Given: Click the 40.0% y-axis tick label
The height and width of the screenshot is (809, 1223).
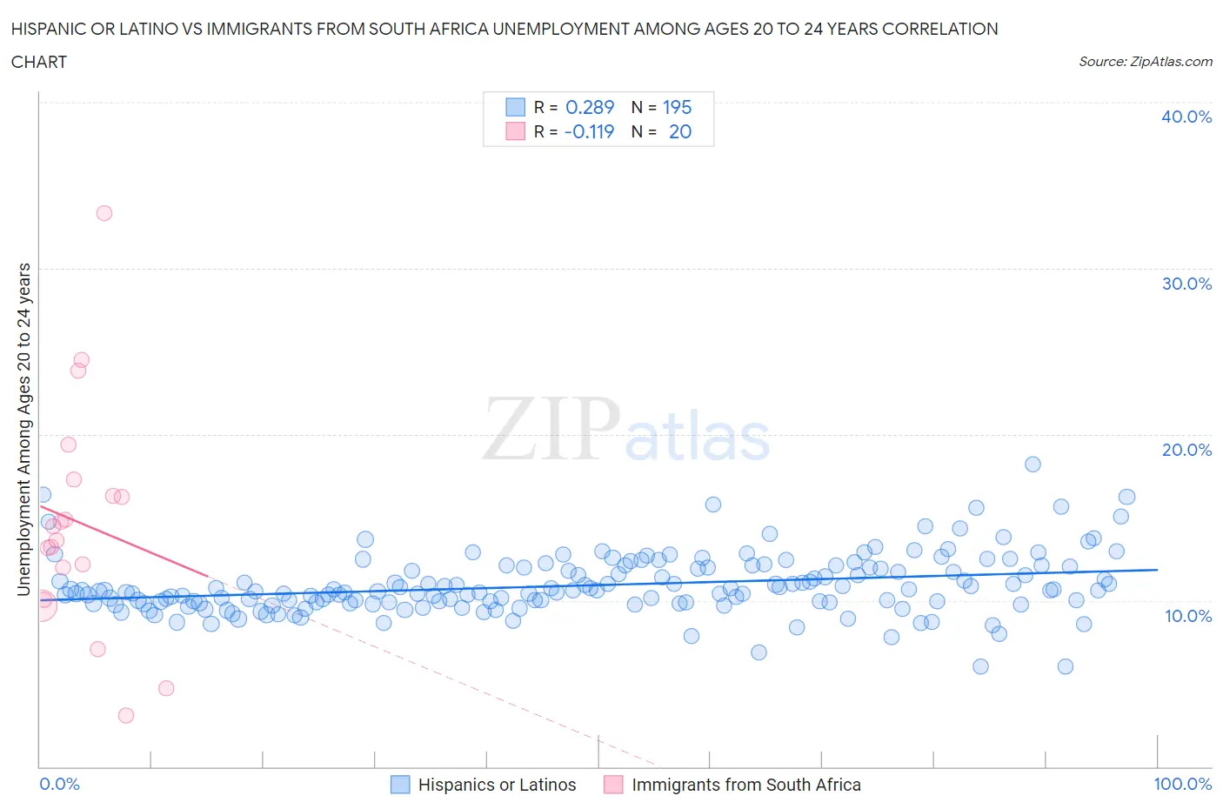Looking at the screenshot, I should (x=1186, y=117).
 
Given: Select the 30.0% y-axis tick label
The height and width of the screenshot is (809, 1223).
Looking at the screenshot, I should (x=1186, y=284).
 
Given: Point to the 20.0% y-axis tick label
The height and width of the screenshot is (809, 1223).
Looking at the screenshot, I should (x=1186, y=450).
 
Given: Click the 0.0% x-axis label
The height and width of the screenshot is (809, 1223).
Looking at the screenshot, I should (x=59, y=784).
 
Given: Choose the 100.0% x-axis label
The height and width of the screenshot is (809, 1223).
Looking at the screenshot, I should (x=1182, y=784).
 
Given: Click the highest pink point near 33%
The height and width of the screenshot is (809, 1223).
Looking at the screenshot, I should (x=104, y=213).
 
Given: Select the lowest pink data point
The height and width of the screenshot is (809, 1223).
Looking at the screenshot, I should (x=126, y=715).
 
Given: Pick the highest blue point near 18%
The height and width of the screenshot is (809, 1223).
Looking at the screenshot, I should (x=1033, y=464).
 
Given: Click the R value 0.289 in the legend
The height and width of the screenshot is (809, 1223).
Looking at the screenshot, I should (x=590, y=107).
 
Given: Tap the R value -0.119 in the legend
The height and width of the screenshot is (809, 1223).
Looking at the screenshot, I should (x=589, y=131).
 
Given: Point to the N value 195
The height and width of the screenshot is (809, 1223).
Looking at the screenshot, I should (x=677, y=107).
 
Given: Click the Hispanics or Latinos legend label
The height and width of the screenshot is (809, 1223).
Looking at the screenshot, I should (x=497, y=785).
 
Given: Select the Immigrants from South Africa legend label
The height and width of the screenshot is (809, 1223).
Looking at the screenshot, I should (x=745, y=785).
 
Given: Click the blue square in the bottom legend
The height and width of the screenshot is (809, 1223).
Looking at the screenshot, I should (x=400, y=785).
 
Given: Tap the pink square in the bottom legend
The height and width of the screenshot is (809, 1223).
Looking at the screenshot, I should (x=613, y=785).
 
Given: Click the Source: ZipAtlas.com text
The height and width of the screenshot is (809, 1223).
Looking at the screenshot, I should (x=1145, y=61).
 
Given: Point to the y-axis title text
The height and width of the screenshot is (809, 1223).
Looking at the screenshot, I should (x=23, y=429).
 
